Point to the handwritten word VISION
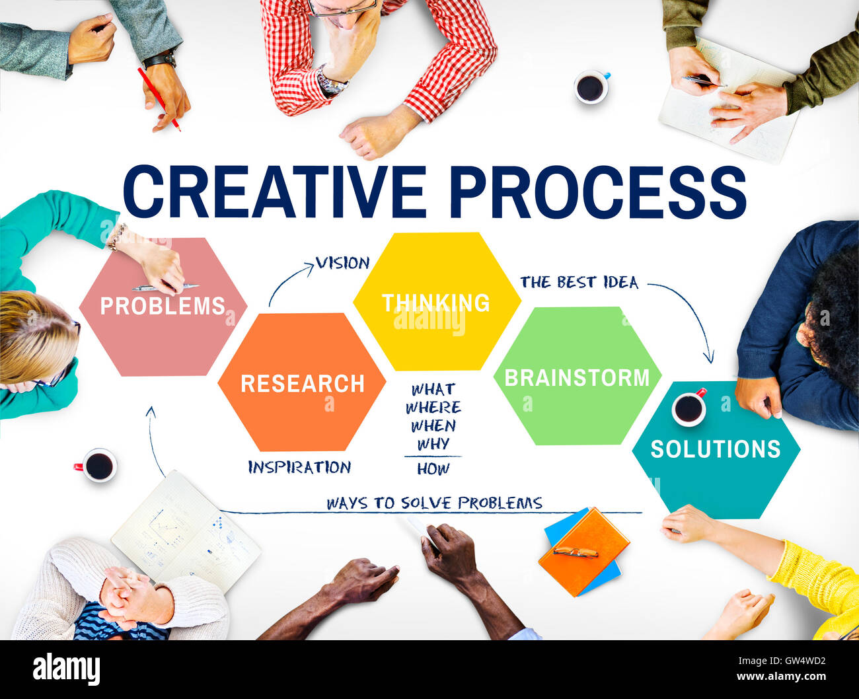point(342,263)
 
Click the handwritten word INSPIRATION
point(299,467)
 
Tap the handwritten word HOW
point(433,469)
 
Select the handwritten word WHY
point(433,444)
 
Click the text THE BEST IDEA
point(579,283)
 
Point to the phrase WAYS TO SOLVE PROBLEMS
point(434,503)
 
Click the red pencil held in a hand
point(158,98)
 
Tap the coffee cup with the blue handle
point(591,87)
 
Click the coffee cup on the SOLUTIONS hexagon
point(689,408)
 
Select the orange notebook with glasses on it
point(583,550)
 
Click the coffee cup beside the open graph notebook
point(98,466)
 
